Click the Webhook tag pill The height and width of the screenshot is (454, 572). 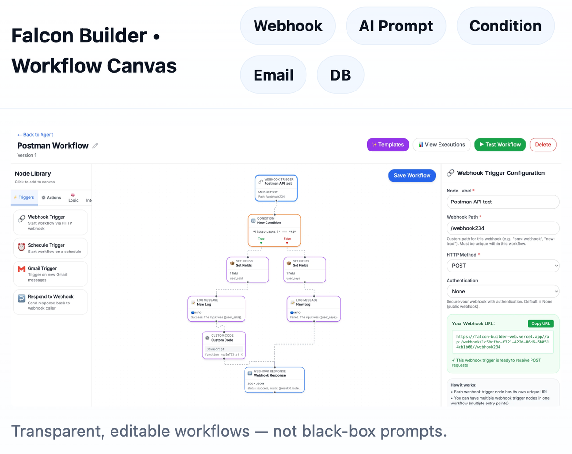click(x=288, y=26)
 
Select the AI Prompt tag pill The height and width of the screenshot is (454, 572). click(x=396, y=26)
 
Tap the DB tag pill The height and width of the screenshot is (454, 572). click(x=340, y=75)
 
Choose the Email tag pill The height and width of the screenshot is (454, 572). click(x=273, y=75)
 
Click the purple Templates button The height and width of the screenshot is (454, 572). click(x=388, y=145)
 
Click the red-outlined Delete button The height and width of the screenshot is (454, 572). click(x=542, y=145)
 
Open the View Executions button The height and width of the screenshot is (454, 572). click(x=441, y=145)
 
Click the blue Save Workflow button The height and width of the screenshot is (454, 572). click(x=412, y=175)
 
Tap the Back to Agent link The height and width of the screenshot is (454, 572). click(x=35, y=135)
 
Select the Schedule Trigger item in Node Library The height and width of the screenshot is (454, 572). click(x=51, y=248)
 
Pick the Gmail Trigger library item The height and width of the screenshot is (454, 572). click(x=51, y=274)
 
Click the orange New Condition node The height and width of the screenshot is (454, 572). click(x=275, y=230)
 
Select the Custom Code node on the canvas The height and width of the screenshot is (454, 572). click(x=224, y=345)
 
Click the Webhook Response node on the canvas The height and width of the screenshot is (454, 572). click(x=275, y=379)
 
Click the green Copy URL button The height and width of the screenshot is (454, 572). click(x=541, y=323)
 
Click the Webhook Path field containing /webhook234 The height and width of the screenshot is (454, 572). click(x=502, y=228)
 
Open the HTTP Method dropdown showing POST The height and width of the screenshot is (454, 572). click(x=502, y=266)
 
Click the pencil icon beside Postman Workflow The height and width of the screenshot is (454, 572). click(x=95, y=146)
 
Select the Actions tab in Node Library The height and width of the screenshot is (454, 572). click(x=51, y=198)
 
